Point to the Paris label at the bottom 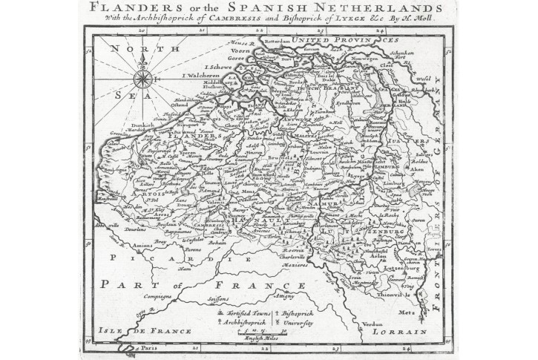point(151,347)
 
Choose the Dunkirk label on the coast point(135,127)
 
